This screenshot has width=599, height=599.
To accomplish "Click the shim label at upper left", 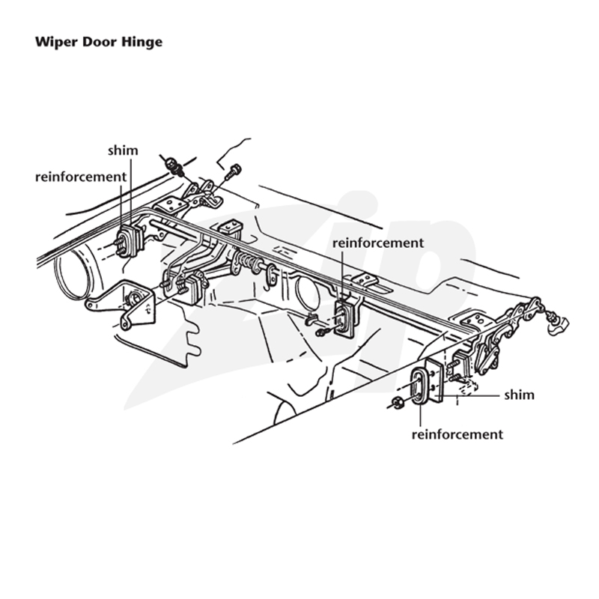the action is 123,150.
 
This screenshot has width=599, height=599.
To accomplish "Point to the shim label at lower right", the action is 519,395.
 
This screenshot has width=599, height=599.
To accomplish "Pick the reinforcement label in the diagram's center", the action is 378,243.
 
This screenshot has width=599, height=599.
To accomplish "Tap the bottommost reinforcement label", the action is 457,434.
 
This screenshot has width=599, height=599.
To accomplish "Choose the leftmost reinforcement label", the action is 81,177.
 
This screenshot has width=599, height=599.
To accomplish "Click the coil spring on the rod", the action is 248,261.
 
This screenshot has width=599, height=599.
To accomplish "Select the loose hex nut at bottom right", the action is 396,403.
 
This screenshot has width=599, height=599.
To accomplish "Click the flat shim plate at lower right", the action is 435,381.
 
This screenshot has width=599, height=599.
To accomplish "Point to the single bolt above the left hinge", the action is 232,172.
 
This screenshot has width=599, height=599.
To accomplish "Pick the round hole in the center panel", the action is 307,292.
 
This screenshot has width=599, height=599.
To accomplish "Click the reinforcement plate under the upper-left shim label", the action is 127,242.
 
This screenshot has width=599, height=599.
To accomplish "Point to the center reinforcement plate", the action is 344,320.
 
